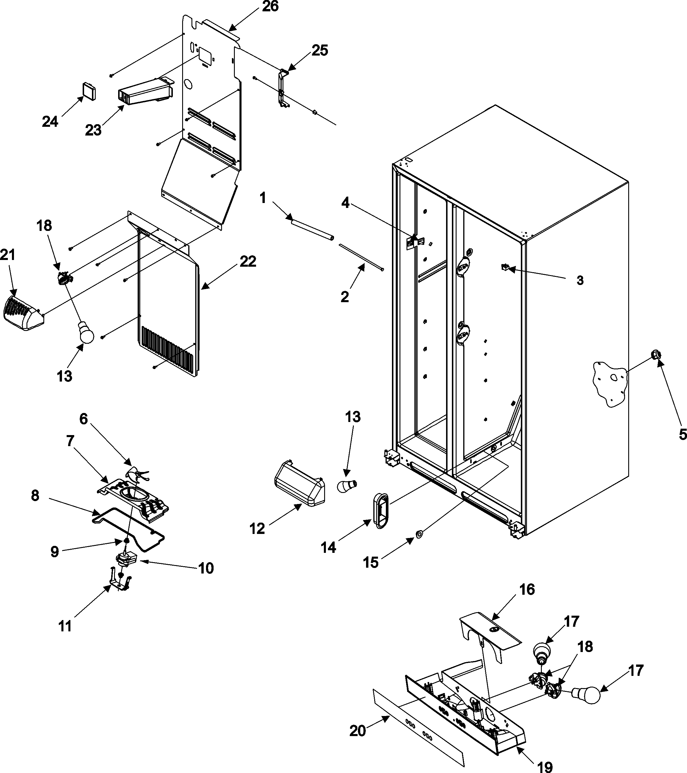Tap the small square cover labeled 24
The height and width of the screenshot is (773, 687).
tap(88, 91)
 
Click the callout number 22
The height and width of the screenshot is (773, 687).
tap(248, 262)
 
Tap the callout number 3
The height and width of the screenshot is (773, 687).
tap(580, 281)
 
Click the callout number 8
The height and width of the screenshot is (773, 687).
tap(35, 496)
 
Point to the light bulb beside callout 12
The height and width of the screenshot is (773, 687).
tap(346, 485)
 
